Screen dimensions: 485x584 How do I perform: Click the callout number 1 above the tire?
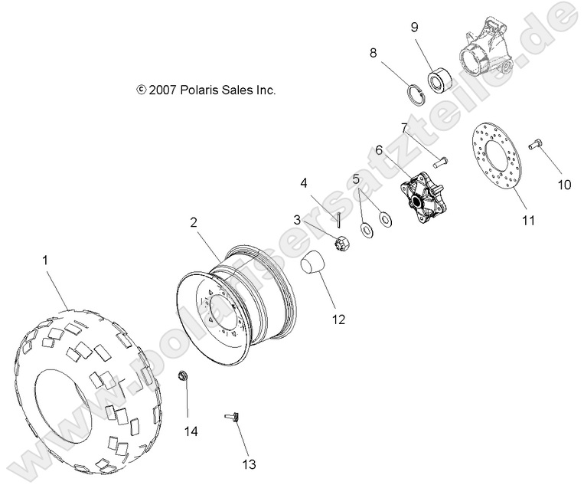[x=45, y=261]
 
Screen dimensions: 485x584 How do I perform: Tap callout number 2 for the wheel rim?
[x=194, y=222]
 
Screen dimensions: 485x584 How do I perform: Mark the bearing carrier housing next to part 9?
[x=184, y=376]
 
